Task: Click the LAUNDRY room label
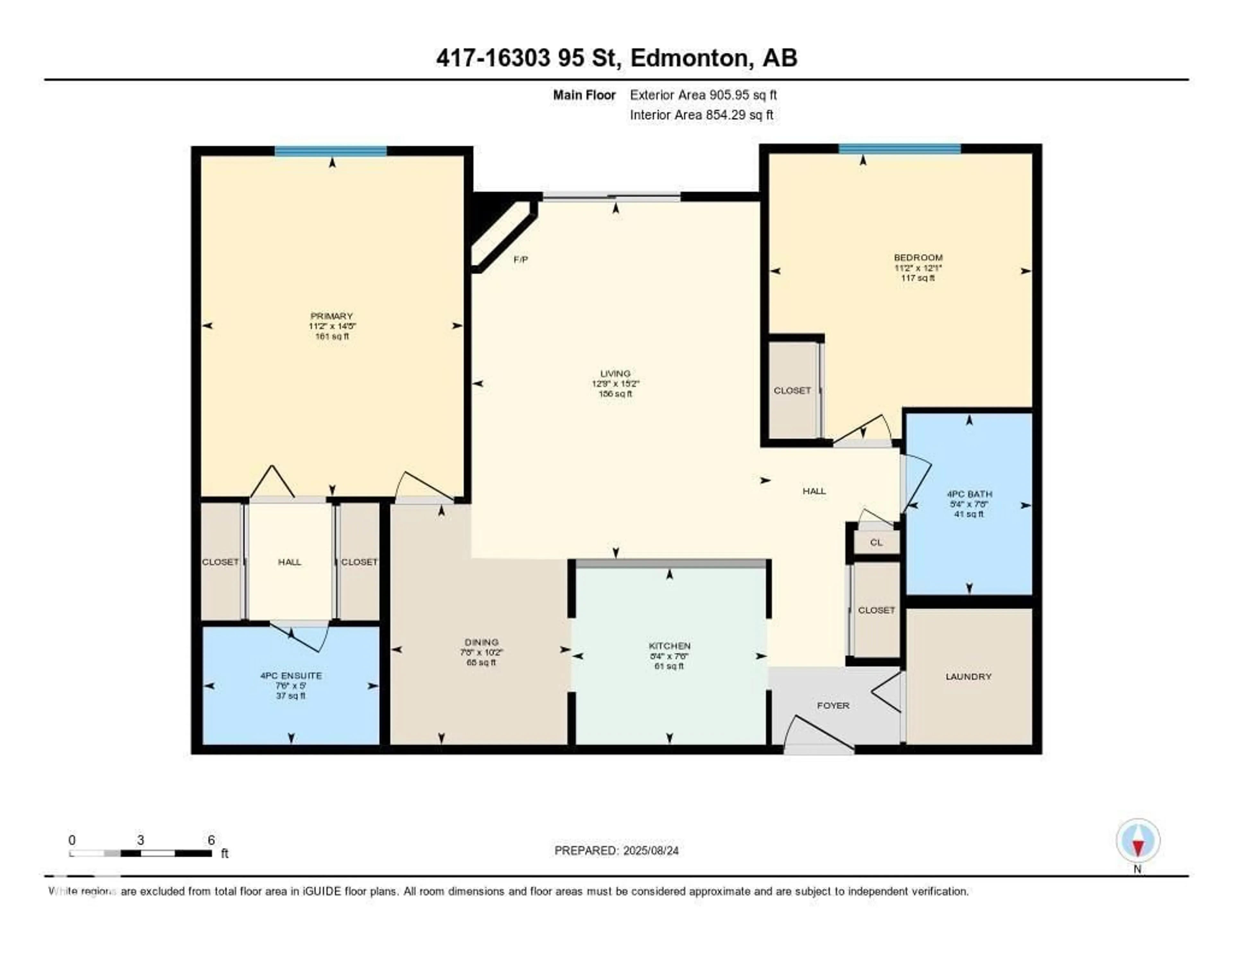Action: pyautogui.click(x=968, y=676)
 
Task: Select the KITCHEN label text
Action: pyautogui.click(x=669, y=646)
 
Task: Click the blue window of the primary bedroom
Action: pyautogui.click(x=331, y=151)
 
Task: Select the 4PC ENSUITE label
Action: pyautogui.click(x=291, y=676)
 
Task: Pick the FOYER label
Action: pyautogui.click(x=833, y=706)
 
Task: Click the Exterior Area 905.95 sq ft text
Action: pyautogui.click(x=703, y=95)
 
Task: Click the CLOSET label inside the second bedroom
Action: pyautogui.click(x=792, y=390)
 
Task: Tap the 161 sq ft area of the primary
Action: pyautogui.click(x=332, y=336)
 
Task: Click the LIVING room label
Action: pyautogui.click(x=615, y=373)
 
